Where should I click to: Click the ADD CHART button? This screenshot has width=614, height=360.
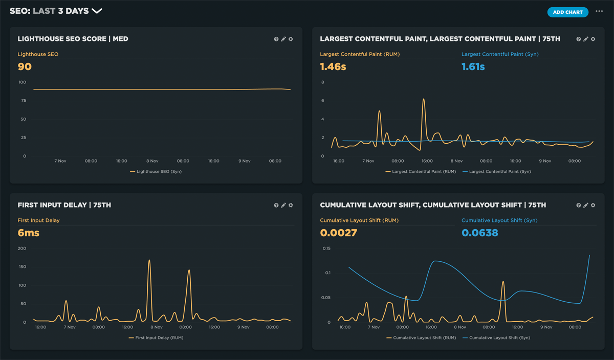click(567, 12)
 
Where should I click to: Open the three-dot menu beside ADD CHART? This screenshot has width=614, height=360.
click(599, 12)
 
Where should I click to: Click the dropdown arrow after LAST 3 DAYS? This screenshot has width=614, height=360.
click(97, 11)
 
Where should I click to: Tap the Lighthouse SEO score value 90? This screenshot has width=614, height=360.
click(25, 66)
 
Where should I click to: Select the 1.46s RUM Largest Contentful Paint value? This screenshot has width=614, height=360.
click(333, 66)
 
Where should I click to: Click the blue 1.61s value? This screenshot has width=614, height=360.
click(473, 66)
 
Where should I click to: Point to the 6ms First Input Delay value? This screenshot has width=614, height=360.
click(28, 233)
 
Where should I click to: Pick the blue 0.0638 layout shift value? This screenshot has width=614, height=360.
click(480, 233)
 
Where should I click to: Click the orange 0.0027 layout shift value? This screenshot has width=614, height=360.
click(338, 233)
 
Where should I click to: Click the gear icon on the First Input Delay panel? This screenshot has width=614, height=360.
click(291, 206)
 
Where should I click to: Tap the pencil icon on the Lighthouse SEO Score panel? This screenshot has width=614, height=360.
click(283, 39)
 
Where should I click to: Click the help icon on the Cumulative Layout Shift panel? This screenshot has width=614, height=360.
click(579, 206)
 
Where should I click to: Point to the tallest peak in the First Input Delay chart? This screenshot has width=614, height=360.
click(149, 260)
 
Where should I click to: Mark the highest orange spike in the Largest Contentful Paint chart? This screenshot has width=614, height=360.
click(424, 99)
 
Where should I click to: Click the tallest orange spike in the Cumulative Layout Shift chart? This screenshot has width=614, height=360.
click(503, 281)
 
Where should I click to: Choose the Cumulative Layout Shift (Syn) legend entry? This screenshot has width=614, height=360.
click(499, 338)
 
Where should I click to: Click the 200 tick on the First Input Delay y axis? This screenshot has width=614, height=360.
click(22, 249)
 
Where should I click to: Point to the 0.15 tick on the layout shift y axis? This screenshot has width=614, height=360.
click(326, 249)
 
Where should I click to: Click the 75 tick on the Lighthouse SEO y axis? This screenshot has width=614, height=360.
click(23, 101)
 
